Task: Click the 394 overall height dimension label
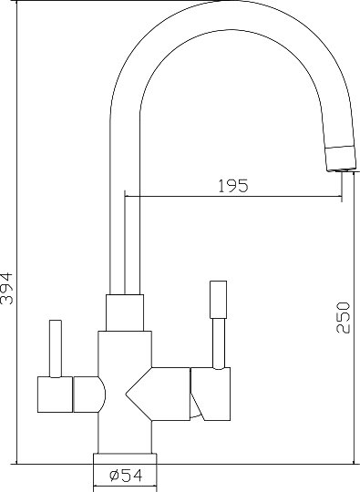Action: tap(7, 289)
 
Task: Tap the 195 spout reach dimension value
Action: tap(233, 186)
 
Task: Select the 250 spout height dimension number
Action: tap(343, 318)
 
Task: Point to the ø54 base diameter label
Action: tap(126, 476)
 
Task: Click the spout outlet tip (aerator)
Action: tap(341, 159)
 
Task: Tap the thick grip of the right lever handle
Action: tap(218, 300)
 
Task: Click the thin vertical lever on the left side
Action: tap(56, 348)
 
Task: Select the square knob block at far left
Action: tap(55, 395)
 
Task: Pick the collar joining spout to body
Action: tap(125, 313)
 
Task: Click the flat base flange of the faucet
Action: tap(125, 458)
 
